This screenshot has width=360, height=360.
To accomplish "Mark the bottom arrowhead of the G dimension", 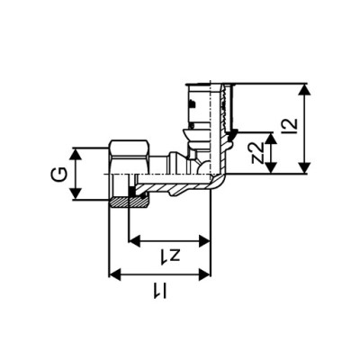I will pos(78,197).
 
